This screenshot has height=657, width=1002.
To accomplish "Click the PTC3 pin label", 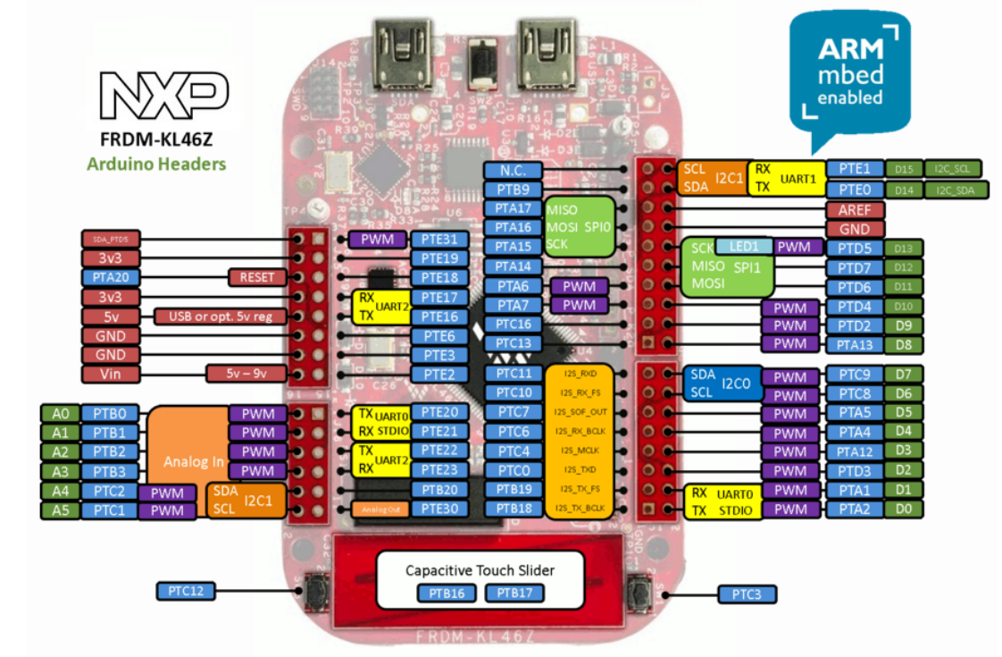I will click(x=747, y=594).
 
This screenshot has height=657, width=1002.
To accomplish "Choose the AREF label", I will click(x=855, y=210).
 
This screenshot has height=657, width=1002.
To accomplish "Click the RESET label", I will click(x=257, y=277).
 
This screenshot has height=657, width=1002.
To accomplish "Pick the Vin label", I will click(x=111, y=374).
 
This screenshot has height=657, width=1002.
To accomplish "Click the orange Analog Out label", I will click(x=380, y=509).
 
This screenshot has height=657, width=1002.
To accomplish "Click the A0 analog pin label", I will click(x=60, y=413).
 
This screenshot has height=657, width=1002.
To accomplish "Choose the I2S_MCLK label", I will click(x=580, y=451).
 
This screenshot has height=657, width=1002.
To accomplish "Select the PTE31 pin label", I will click(x=439, y=239).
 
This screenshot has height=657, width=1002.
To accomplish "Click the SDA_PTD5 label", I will click(x=111, y=239).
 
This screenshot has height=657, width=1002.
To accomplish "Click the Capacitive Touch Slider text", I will click(x=480, y=569).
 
